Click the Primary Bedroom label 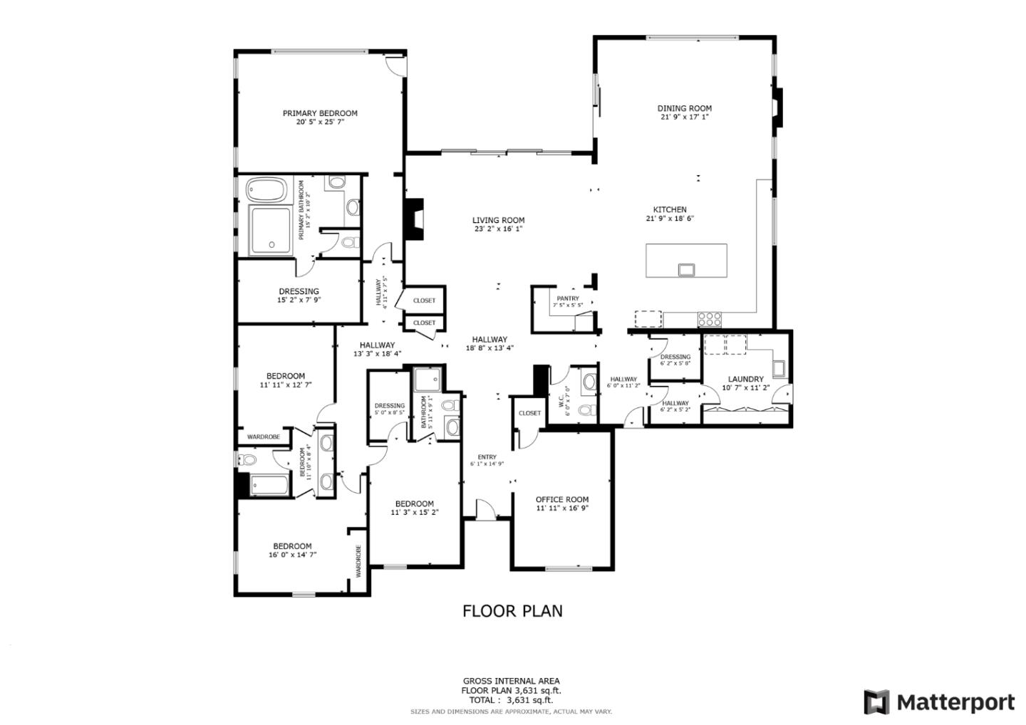coord(320,113)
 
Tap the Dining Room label coord(684,108)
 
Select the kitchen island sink coord(686,269)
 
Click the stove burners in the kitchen coord(710,319)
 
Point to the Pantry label coord(568,298)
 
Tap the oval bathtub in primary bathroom coord(266,191)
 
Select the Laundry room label coord(745,379)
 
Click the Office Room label coord(562,499)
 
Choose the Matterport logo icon coord(876,702)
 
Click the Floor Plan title coord(512,611)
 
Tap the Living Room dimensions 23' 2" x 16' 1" coord(498,229)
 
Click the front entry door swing coord(485,508)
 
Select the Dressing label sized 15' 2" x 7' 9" coord(299,291)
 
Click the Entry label coord(487,457)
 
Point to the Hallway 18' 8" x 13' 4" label coord(489,340)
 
